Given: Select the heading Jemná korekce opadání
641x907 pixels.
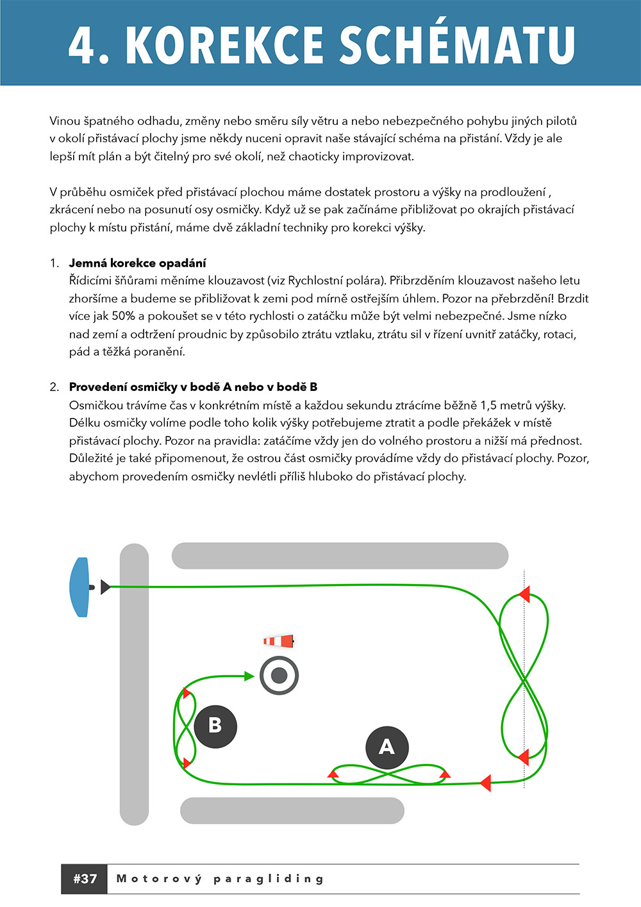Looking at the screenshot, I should tap(137, 263).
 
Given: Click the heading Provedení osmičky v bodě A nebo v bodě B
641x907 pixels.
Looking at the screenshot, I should tap(193, 387).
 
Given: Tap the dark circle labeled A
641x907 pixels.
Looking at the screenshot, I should tap(387, 747).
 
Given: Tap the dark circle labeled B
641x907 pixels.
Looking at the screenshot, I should tap(215, 726).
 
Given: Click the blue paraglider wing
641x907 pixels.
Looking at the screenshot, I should tap(79, 587).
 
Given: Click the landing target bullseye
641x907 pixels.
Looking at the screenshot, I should tap(279, 675).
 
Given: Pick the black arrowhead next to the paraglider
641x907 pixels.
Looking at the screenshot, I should tap(106, 587).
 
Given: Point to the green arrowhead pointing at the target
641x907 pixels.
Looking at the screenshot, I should tap(249, 676).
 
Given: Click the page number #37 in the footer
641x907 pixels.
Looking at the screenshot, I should tap(85, 879).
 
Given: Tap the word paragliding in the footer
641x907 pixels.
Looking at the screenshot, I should tap(269, 879).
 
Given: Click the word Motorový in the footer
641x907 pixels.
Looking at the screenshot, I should tap(158, 879).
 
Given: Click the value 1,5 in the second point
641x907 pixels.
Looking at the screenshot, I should tap(488, 405).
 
